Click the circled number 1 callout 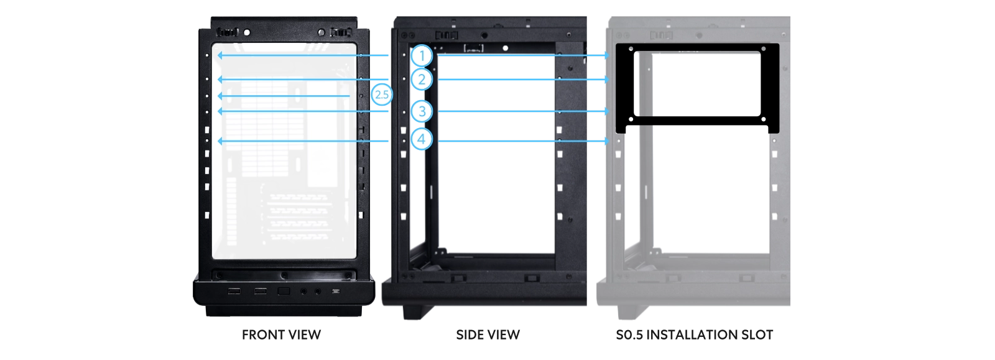click(x=422, y=55)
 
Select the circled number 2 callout click(x=422, y=80)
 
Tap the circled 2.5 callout click(x=381, y=95)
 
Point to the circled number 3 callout click(x=422, y=111)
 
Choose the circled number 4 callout click(x=422, y=139)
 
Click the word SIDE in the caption click(x=469, y=335)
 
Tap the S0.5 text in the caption click(x=629, y=335)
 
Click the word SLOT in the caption click(x=756, y=335)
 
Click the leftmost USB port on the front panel click(x=234, y=291)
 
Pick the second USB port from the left click(x=260, y=291)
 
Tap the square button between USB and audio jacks click(x=284, y=291)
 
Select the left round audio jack click(x=303, y=291)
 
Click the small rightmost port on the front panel click(x=336, y=291)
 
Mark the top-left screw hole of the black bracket click(x=631, y=48)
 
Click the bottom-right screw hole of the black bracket click(x=764, y=119)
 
